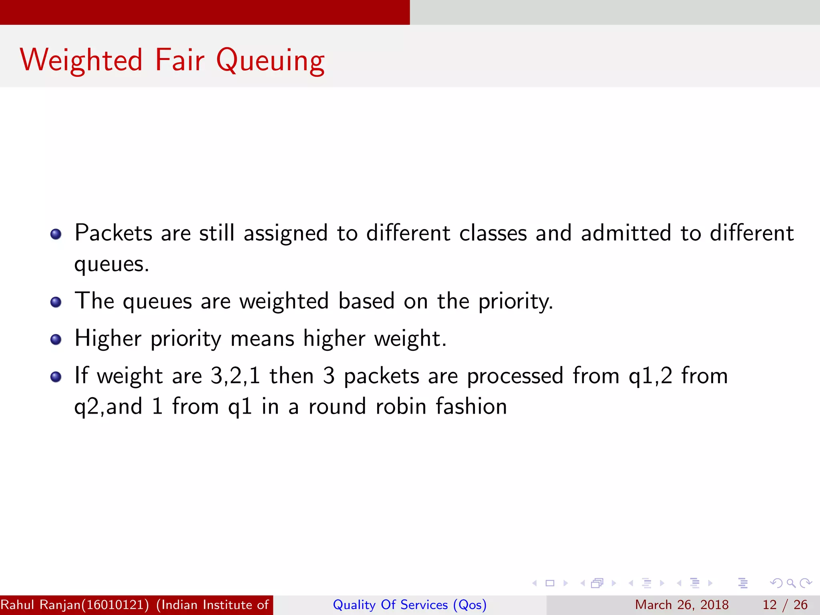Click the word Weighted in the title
(81, 60)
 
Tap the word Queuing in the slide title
(270, 61)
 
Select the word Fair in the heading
(179, 60)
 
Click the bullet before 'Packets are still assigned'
(56, 234)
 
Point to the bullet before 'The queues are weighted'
(56, 302)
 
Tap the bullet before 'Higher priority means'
(56, 340)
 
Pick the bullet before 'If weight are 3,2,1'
(56, 377)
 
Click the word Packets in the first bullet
(113, 233)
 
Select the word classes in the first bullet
(492, 233)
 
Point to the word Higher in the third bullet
(108, 339)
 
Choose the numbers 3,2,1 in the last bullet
(235, 376)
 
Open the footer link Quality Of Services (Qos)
(410, 605)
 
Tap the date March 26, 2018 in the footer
(681, 605)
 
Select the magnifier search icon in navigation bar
(791, 583)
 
